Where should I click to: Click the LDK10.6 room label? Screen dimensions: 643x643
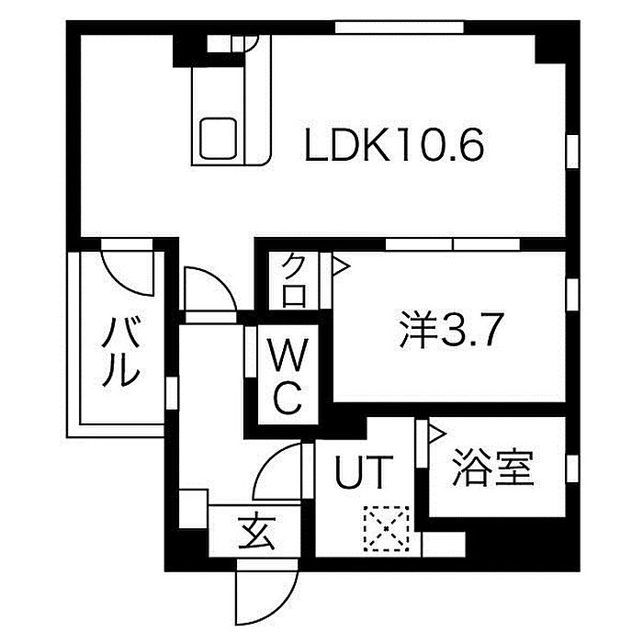tap(395, 145)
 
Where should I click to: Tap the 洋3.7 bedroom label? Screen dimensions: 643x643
tap(450, 331)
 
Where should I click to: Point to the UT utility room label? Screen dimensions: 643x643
tap(364, 474)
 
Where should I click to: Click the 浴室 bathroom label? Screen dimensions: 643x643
tap(491, 470)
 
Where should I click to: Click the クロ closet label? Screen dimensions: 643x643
tap(293, 280)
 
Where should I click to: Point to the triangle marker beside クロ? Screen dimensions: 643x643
tap(339, 267)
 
